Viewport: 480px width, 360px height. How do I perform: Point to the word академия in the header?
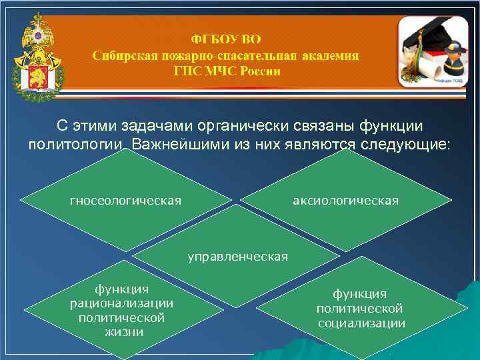(x=331, y=55)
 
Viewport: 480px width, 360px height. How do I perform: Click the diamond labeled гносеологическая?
(x=125, y=200)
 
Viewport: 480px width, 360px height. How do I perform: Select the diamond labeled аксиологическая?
(x=345, y=200)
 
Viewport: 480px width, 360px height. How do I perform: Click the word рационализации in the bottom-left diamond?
(x=121, y=303)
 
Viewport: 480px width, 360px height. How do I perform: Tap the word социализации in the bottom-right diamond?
(x=361, y=323)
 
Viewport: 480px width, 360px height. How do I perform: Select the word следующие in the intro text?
(x=397, y=144)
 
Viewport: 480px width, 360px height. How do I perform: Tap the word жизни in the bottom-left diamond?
(x=121, y=331)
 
